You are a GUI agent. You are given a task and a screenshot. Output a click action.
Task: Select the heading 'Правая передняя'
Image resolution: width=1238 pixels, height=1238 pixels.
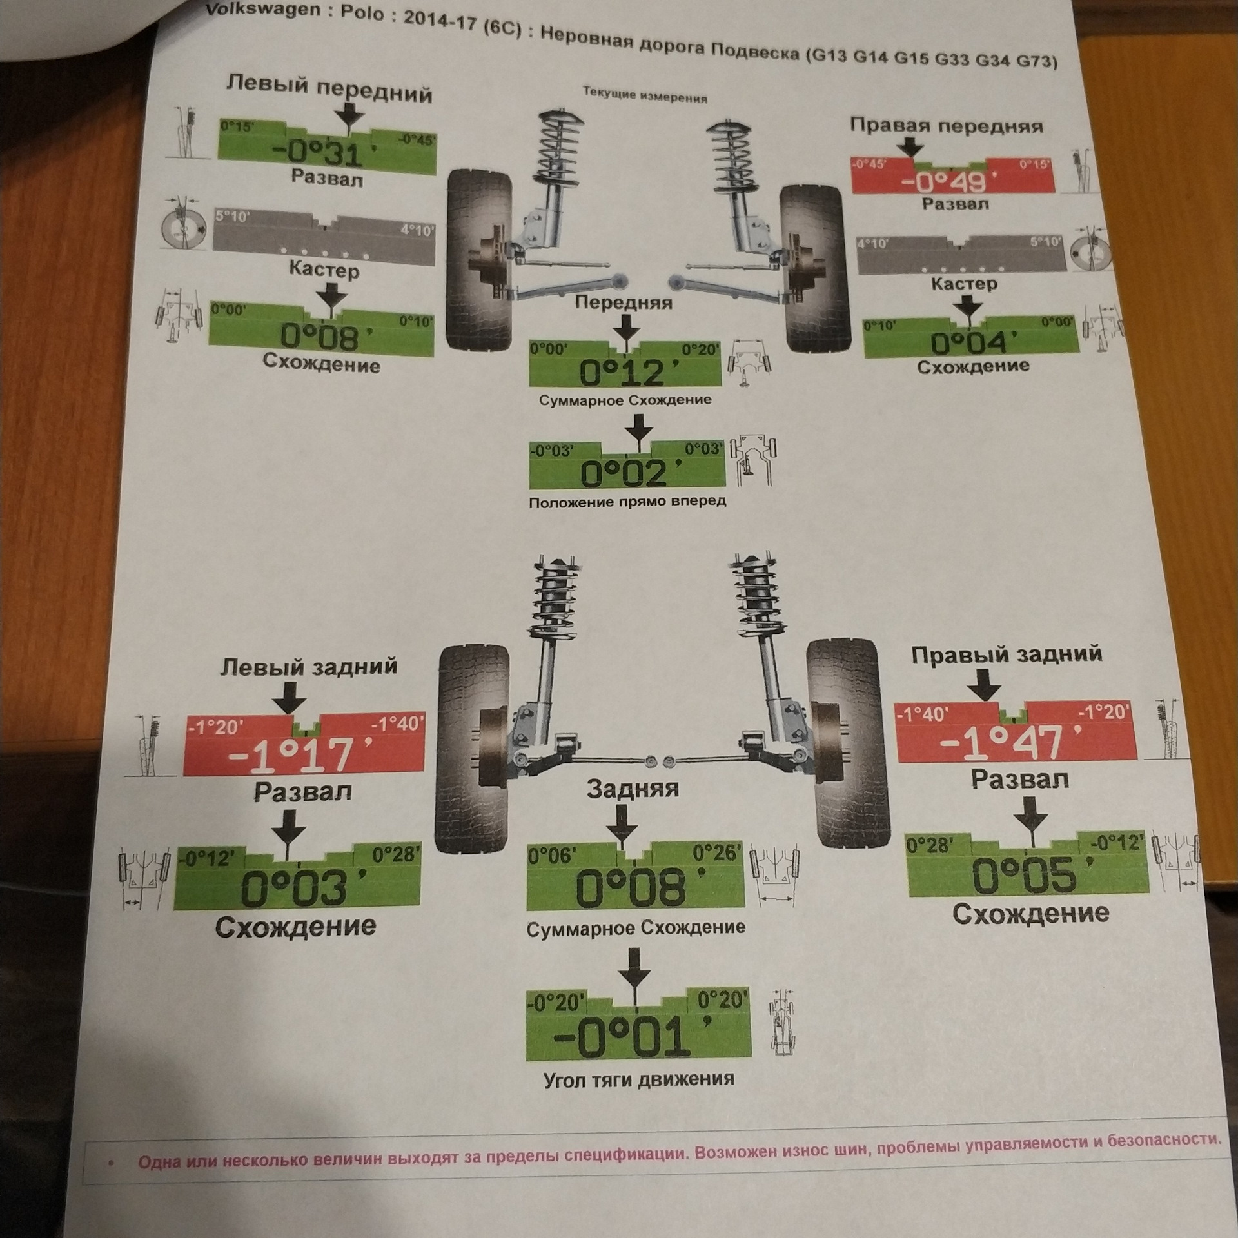pyautogui.click(x=946, y=126)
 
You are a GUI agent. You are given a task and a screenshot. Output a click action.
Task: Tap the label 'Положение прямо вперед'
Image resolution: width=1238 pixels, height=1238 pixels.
pyautogui.click(x=627, y=501)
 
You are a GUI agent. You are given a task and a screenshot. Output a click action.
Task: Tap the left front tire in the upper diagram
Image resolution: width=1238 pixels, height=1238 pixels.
pyautogui.click(x=478, y=258)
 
